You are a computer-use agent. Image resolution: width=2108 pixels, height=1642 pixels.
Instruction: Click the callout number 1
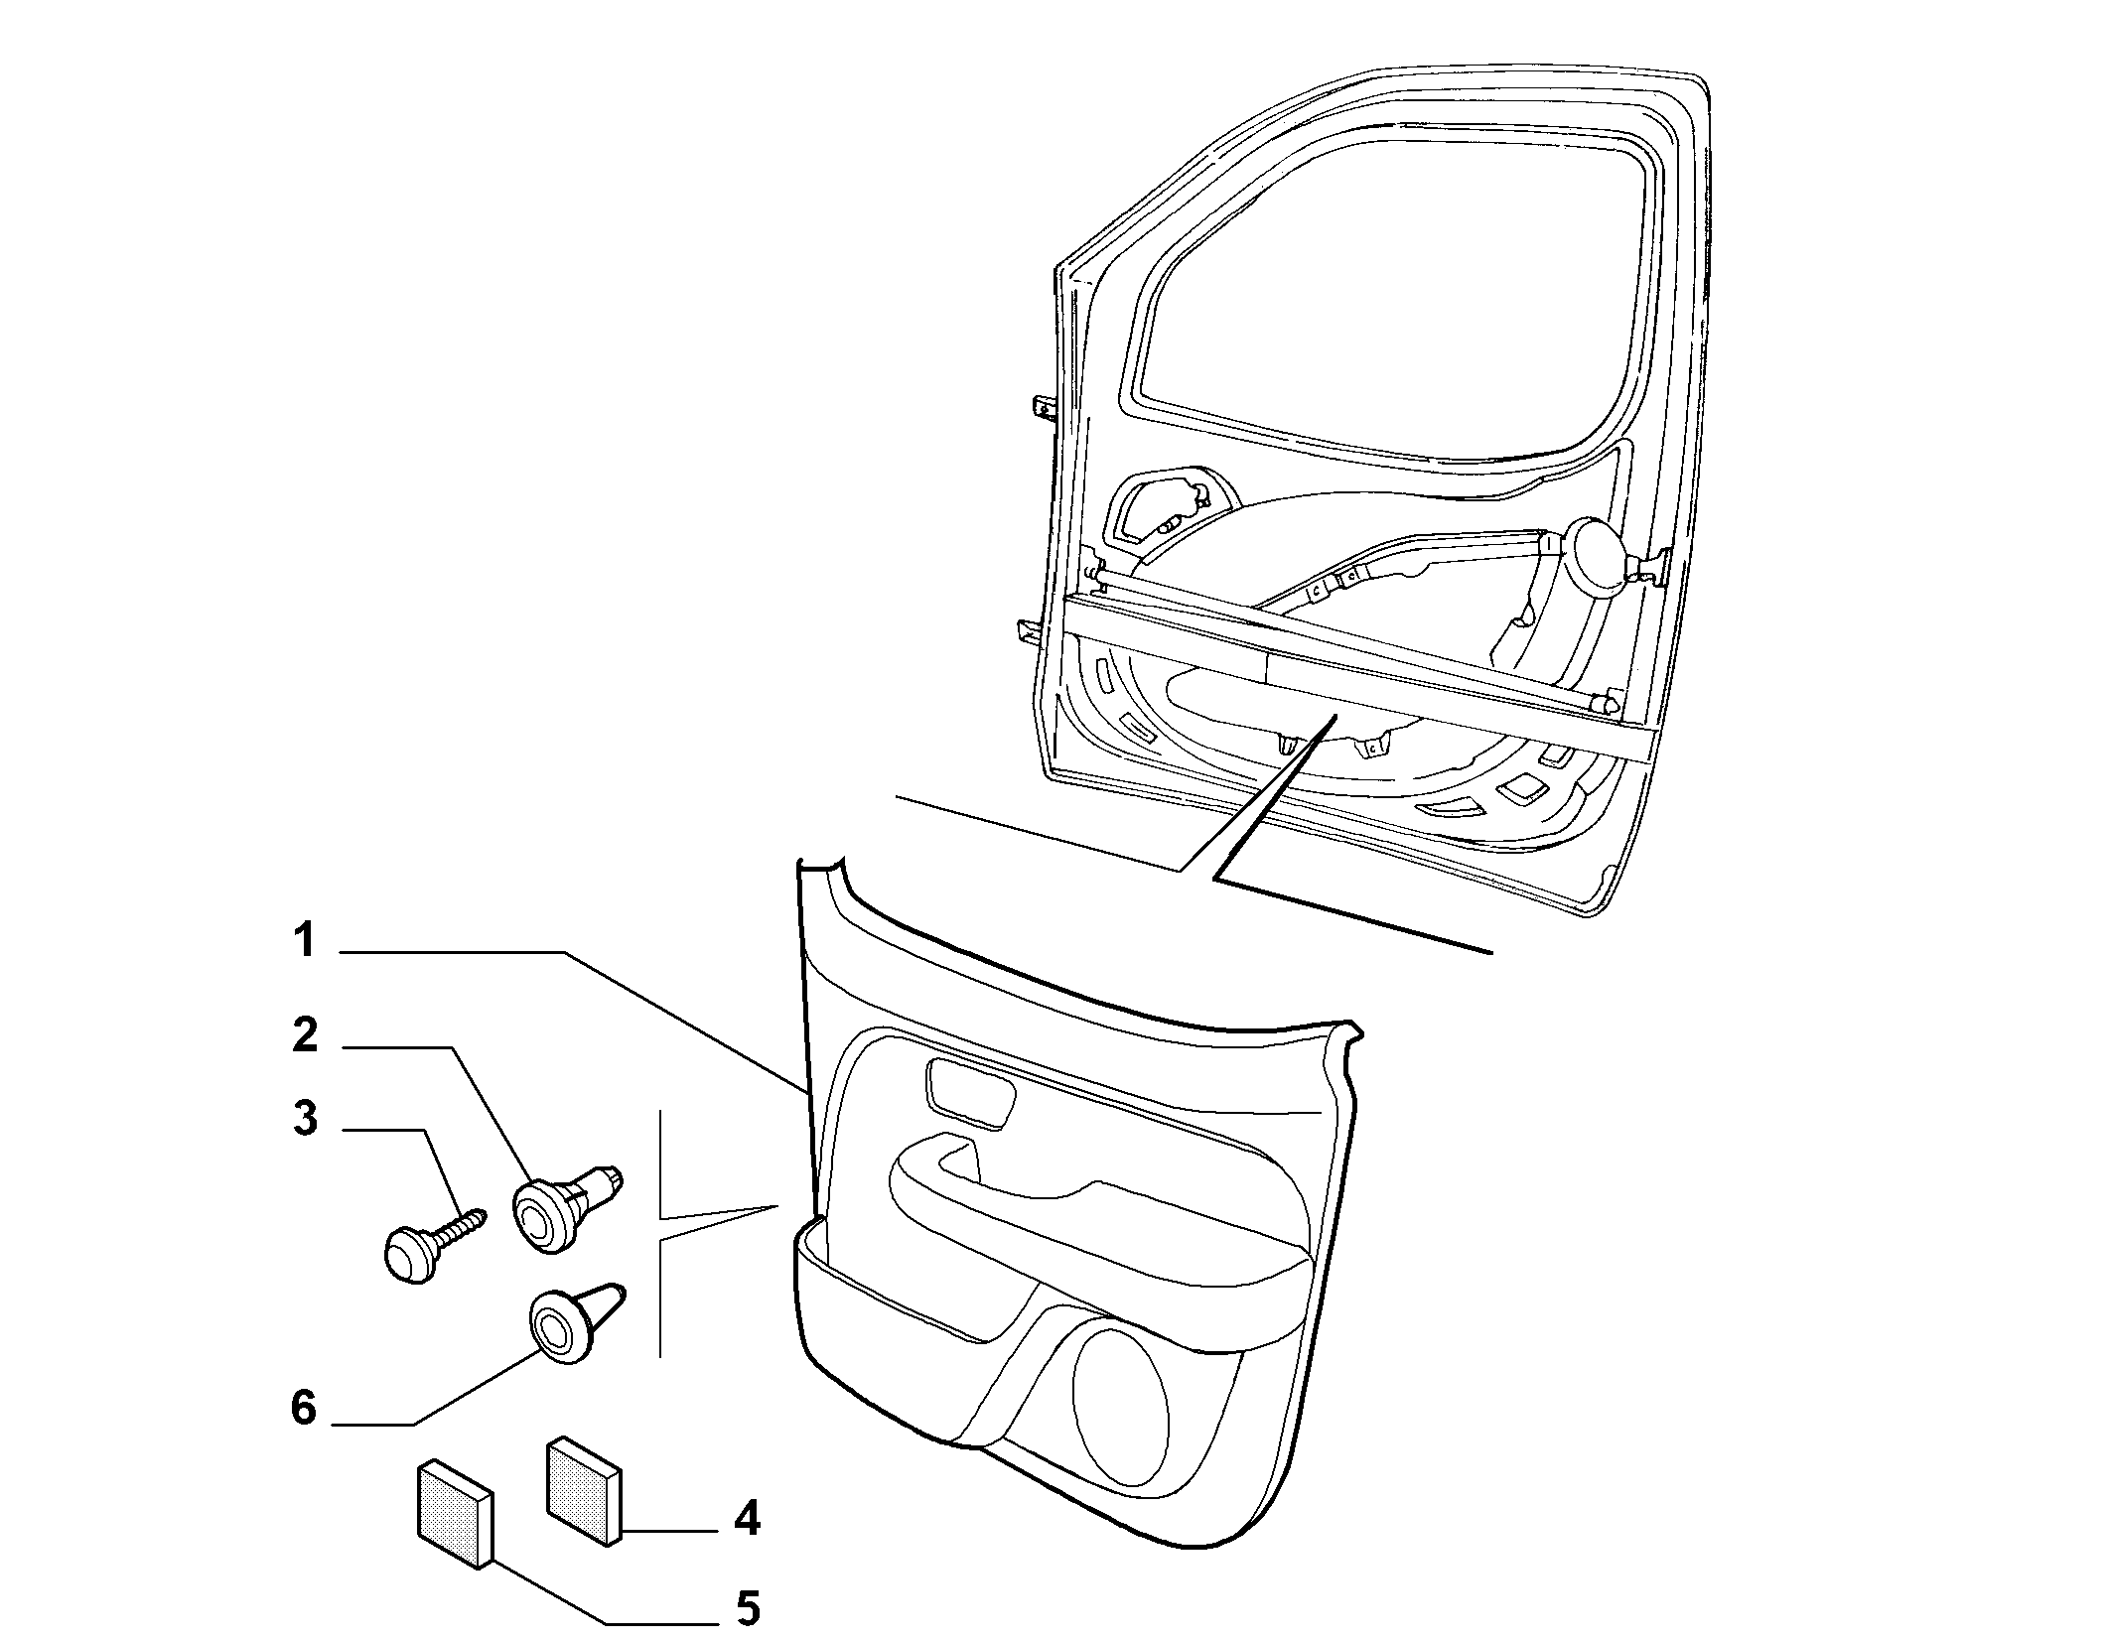[x=303, y=940]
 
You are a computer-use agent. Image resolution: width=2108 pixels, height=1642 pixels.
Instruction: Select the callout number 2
[x=305, y=1035]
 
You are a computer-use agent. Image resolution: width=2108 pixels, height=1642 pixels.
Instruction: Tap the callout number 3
[x=305, y=1119]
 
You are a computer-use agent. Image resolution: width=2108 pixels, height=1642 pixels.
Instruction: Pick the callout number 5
[x=747, y=1609]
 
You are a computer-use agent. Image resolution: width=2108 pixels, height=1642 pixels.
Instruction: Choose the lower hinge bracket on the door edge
[x=1030, y=631]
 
